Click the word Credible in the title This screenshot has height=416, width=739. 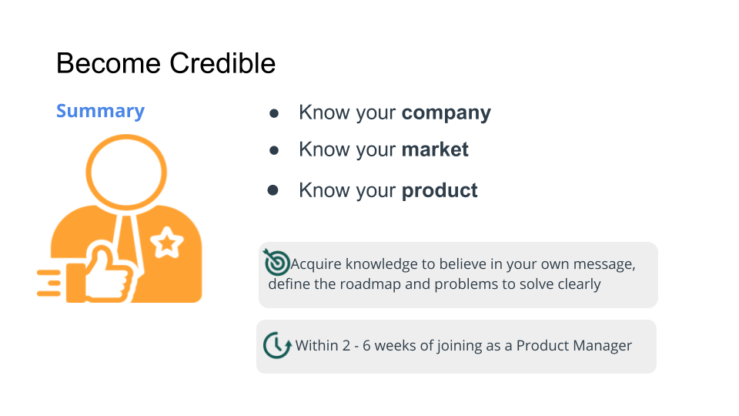[x=222, y=63]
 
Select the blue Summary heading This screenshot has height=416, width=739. [x=100, y=111]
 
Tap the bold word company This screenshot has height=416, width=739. [x=446, y=113]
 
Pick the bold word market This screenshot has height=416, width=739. [x=435, y=149]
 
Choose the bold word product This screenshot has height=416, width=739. [x=440, y=190]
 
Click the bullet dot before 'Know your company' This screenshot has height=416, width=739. [x=273, y=113]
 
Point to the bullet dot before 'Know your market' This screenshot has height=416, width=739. [x=273, y=149]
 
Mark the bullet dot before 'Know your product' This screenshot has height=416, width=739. [x=273, y=190]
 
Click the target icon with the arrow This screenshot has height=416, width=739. [x=276, y=262]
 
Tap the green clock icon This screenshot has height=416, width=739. [x=276, y=345]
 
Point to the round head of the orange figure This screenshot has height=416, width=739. [x=125, y=169]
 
